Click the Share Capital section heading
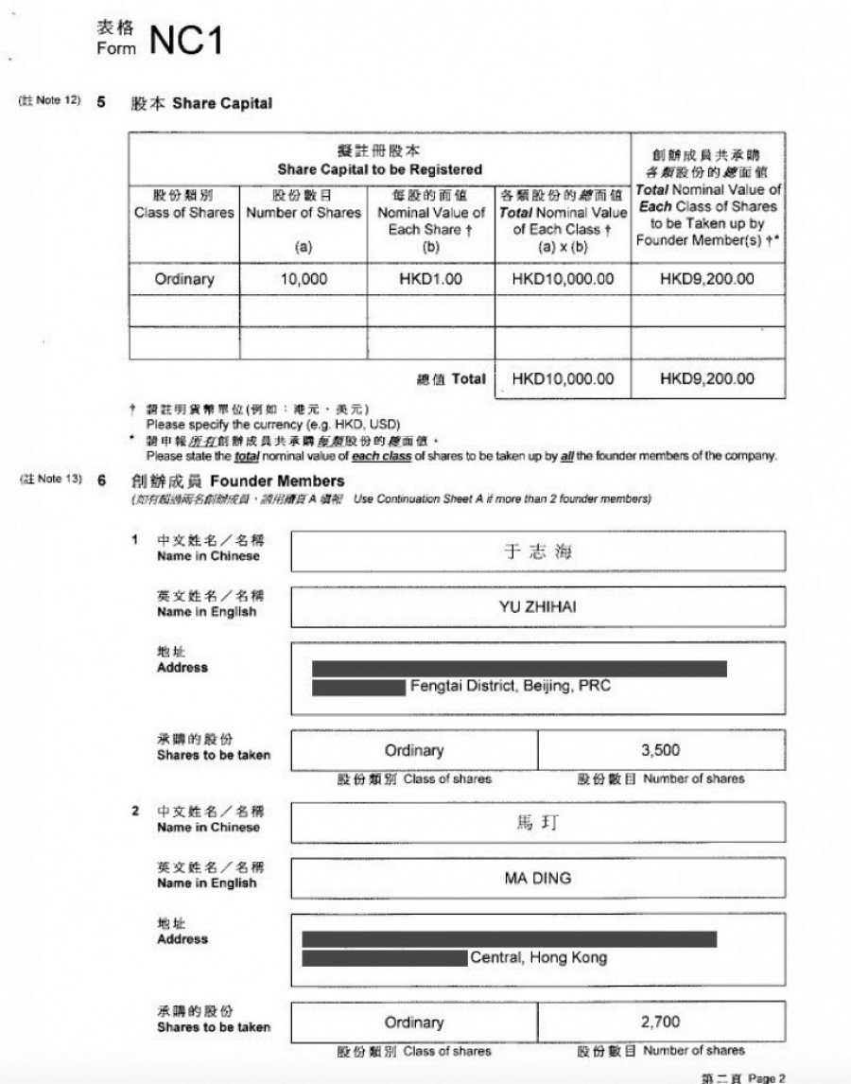point(221,103)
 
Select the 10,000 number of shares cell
point(304,279)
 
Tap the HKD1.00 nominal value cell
point(431,279)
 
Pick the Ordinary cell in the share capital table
point(184,279)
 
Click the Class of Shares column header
point(184,204)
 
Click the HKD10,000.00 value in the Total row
point(564,379)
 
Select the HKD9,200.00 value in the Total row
point(707,379)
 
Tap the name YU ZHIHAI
point(537,607)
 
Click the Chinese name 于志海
point(537,552)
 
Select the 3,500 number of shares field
point(660,751)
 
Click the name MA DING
point(537,878)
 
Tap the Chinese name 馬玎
point(537,824)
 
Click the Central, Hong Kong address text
point(539,957)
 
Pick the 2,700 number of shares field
point(660,1023)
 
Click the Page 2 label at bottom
point(767,1077)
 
